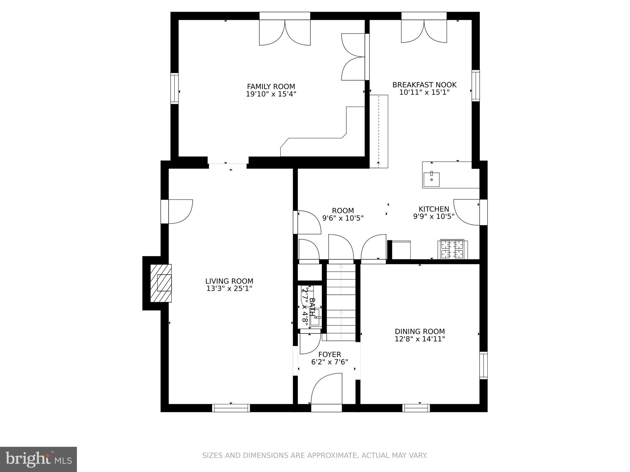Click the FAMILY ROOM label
(x=271, y=87)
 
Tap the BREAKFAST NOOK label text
(x=424, y=85)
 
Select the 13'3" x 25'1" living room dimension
(x=229, y=289)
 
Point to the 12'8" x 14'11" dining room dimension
(x=420, y=339)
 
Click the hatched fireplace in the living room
(x=161, y=283)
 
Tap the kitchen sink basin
(x=431, y=179)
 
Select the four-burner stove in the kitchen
(x=452, y=249)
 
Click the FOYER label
(x=329, y=355)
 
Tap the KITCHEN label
(x=433, y=209)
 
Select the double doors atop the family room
(x=285, y=32)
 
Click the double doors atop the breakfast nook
(x=424, y=31)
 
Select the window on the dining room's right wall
(x=483, y=365)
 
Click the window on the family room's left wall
(x=174, y=88)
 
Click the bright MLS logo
(x=38, y=459)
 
